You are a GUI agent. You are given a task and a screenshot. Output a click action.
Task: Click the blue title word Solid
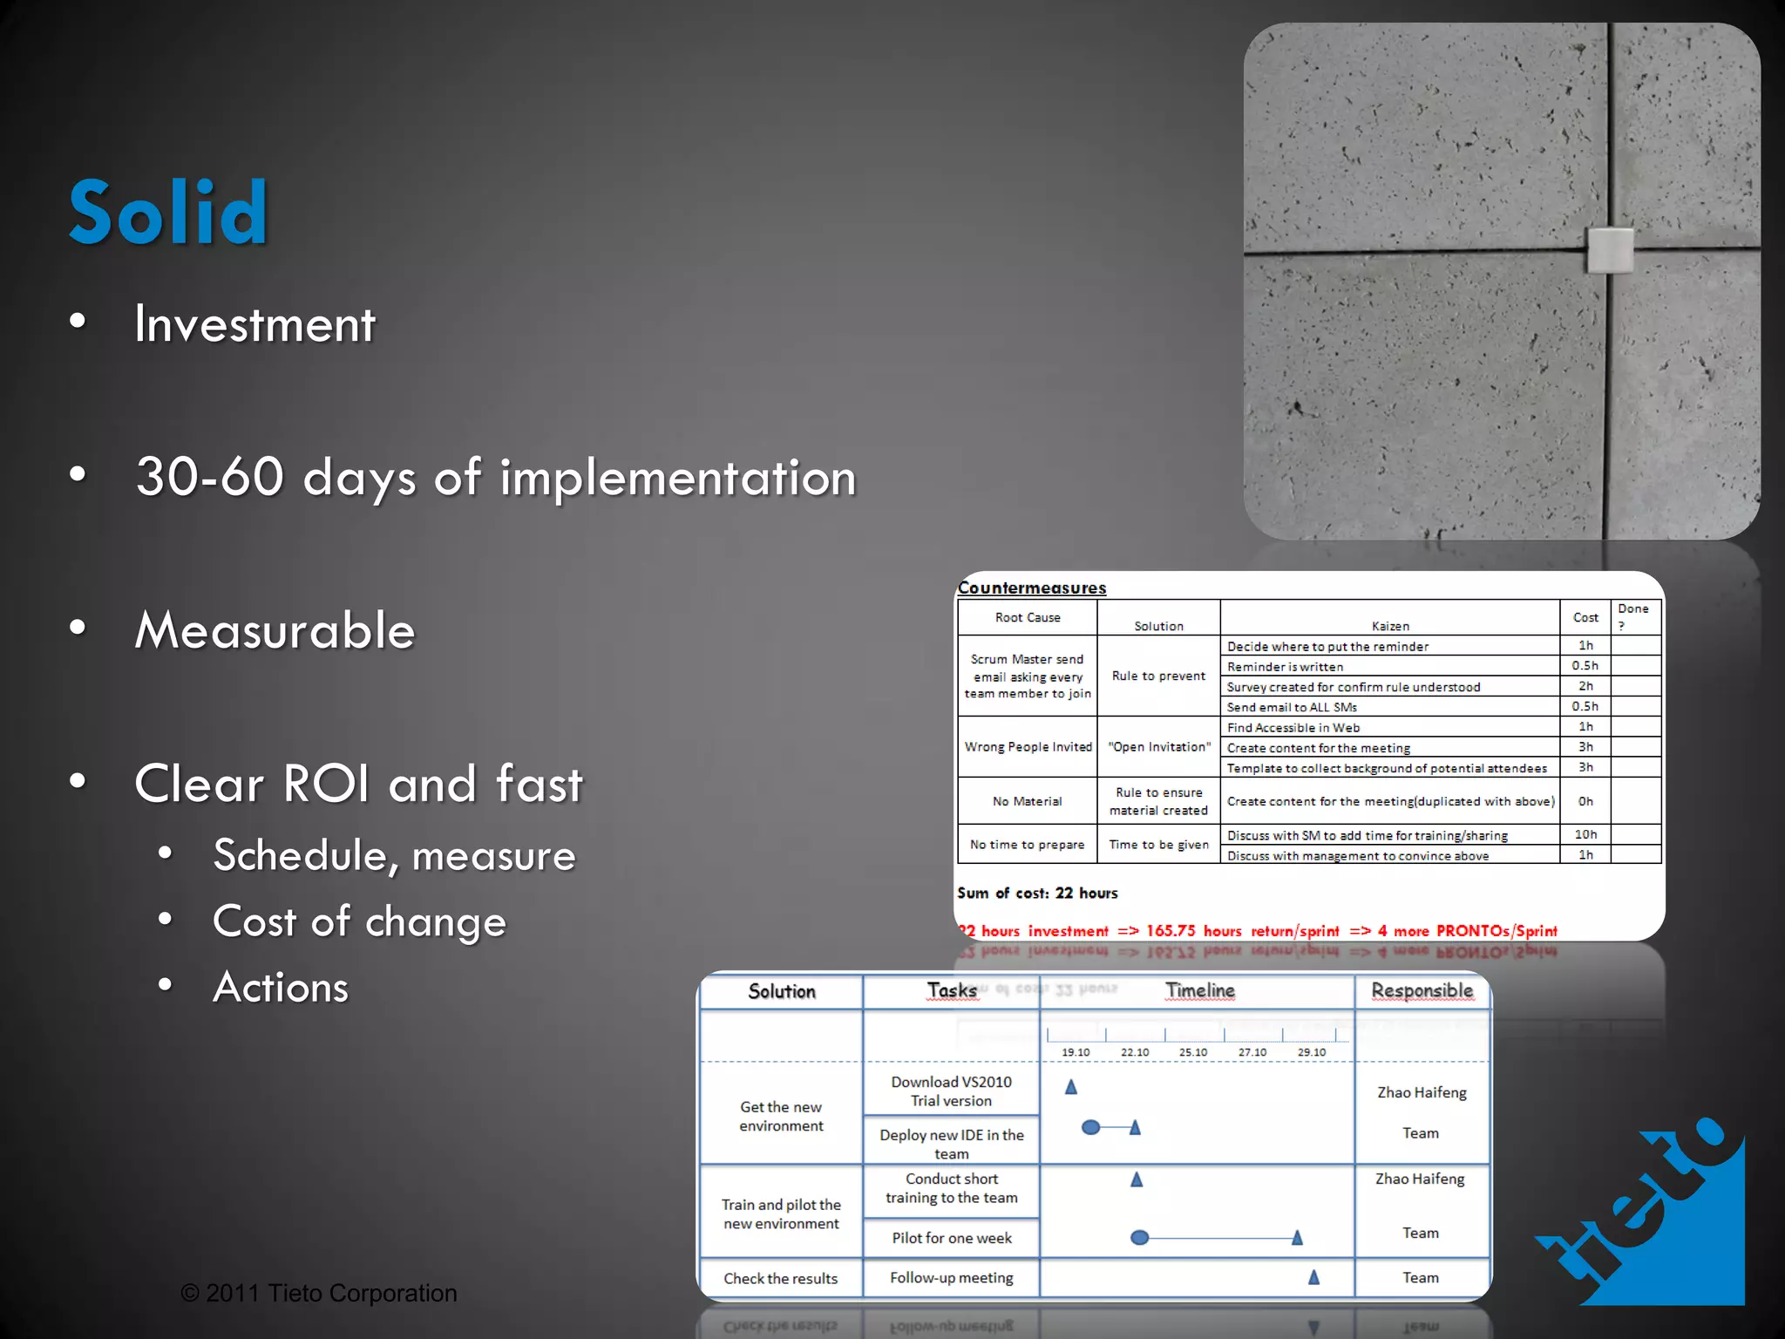(168, 212)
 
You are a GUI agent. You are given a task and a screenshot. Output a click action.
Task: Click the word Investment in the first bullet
(255, 324)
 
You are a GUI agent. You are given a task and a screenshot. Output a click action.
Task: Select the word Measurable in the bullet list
(275, 630)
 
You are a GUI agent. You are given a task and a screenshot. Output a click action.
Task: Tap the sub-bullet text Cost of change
(359, 921)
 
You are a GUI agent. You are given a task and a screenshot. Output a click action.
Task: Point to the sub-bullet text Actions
(281, 988)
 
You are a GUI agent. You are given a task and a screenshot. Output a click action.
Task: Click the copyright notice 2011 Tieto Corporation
(319, 1293)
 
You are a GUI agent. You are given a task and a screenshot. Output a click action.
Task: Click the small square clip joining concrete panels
(1610, 251)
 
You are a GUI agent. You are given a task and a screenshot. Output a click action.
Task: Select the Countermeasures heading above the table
(1032, 588)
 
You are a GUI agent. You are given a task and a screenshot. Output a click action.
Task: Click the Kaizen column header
(1390, 626)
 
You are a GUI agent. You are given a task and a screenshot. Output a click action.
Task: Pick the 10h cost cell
(1585, 834)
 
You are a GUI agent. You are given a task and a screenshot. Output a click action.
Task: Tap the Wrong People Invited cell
(1028, 747)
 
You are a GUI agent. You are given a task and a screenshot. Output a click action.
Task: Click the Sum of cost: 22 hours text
(1037, 893)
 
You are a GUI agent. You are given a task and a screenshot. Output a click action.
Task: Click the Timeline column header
(1199, 991)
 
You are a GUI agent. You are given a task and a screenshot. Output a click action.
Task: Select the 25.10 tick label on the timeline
(1193, 1052)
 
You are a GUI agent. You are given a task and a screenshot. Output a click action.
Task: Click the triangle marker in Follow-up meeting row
(1313, 1277)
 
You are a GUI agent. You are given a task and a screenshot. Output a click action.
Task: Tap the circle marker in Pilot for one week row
(1139, 1238)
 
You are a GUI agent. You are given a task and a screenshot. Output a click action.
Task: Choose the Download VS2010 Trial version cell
(951, 1091)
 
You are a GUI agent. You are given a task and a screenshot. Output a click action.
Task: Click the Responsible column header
(1422, 991)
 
